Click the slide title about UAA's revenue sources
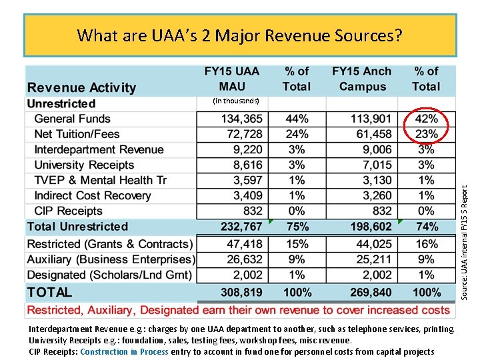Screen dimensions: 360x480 point(240,35)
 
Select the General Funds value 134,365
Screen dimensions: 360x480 point(241,119)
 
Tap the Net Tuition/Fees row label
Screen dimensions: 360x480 point(77,134)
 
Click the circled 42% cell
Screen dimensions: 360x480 point(427,119)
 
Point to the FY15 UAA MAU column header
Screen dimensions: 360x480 point(231,79)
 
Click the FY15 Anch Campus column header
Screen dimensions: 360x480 point(362,79)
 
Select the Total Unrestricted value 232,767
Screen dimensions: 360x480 point(241,227)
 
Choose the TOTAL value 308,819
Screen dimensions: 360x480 point(241,292)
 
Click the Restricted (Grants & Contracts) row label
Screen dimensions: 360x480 point(110,244)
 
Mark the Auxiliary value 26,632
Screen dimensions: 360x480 point(245,259)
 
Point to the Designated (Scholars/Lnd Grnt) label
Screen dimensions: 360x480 point(110,275)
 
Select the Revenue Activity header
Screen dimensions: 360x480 point(81,87)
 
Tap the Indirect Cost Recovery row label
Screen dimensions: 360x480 point(93,195)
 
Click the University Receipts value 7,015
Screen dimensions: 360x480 point(376,165)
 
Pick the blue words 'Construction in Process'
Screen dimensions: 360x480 point(124,351)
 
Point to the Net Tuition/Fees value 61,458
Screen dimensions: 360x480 point(373,134)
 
